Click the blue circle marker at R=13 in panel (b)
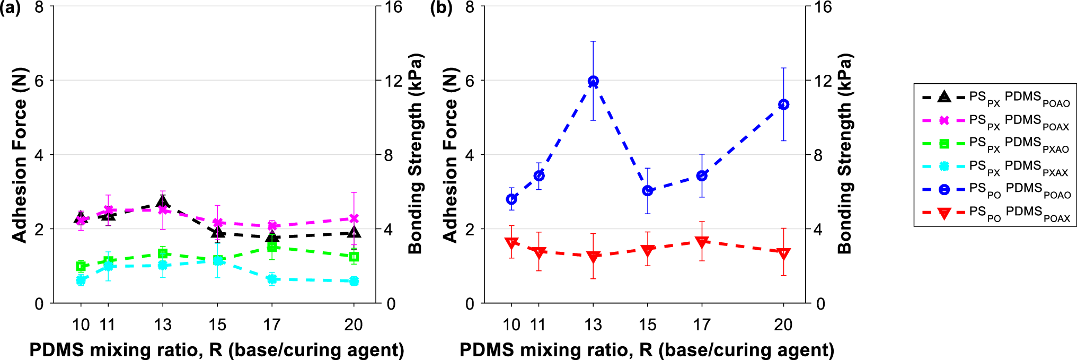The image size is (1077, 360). pyautogui.click(x=593, y=81)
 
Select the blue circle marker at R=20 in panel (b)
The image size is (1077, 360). pyautogui.click(x=783, y=104)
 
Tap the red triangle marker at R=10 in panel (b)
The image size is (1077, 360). pyautogui.click(x=511, y=243)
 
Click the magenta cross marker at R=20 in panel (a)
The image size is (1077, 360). pyautogui.click(x=354, y=218)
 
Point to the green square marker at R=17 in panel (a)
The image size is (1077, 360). pyautogui.click(x=272, y=248)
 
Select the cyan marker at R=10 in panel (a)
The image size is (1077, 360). pyautogui.click(x=81, y=280)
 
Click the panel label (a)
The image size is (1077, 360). pyautogui.click(x=11, y=8)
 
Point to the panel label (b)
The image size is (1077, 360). pyautogui.click(x=441, y=8)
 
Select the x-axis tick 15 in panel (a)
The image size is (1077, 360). pyautogui.click(x=217, y=324)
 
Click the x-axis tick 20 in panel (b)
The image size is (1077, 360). pyautogui.click(x=783, y=324)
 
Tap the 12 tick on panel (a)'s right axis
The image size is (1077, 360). pyautogui.click(x=393, y=81)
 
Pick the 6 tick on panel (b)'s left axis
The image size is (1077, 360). pyautogui.click(x=470, y=81)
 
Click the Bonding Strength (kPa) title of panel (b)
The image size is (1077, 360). pyautogui.click(x=844, y=154)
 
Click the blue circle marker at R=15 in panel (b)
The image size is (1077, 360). pyautogui.click(x=647, y=190)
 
